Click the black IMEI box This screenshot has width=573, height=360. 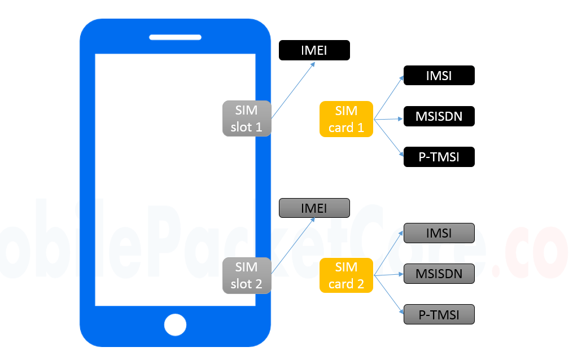pos(314,50)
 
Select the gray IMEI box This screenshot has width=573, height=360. pos(314,208)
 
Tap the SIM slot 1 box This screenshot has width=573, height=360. pos(247,118)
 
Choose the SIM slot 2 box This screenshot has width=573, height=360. pos(247,275)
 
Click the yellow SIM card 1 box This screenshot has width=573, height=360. pos(346,119)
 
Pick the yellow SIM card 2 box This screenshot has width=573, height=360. pos(346,275)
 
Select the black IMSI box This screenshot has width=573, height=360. pos(439,76)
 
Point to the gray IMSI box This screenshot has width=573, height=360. pos(439,232)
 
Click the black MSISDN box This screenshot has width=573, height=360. pos(439,116)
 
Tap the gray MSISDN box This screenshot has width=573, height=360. pos(439,274)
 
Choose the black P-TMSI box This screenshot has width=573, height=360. pos(439,157)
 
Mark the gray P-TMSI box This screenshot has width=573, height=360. pos(439,314)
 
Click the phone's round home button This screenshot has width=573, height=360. pos(175,325)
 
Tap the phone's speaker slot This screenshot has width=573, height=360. pos(175,37)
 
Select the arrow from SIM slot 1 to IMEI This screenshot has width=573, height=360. pos(294,90)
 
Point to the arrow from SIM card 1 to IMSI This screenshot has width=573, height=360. pos(389,97)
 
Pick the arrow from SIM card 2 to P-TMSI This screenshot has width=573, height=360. pos(389,294)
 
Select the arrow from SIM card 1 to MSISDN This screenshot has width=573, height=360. pos(388,119)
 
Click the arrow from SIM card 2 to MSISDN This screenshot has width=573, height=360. pos(388,275)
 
